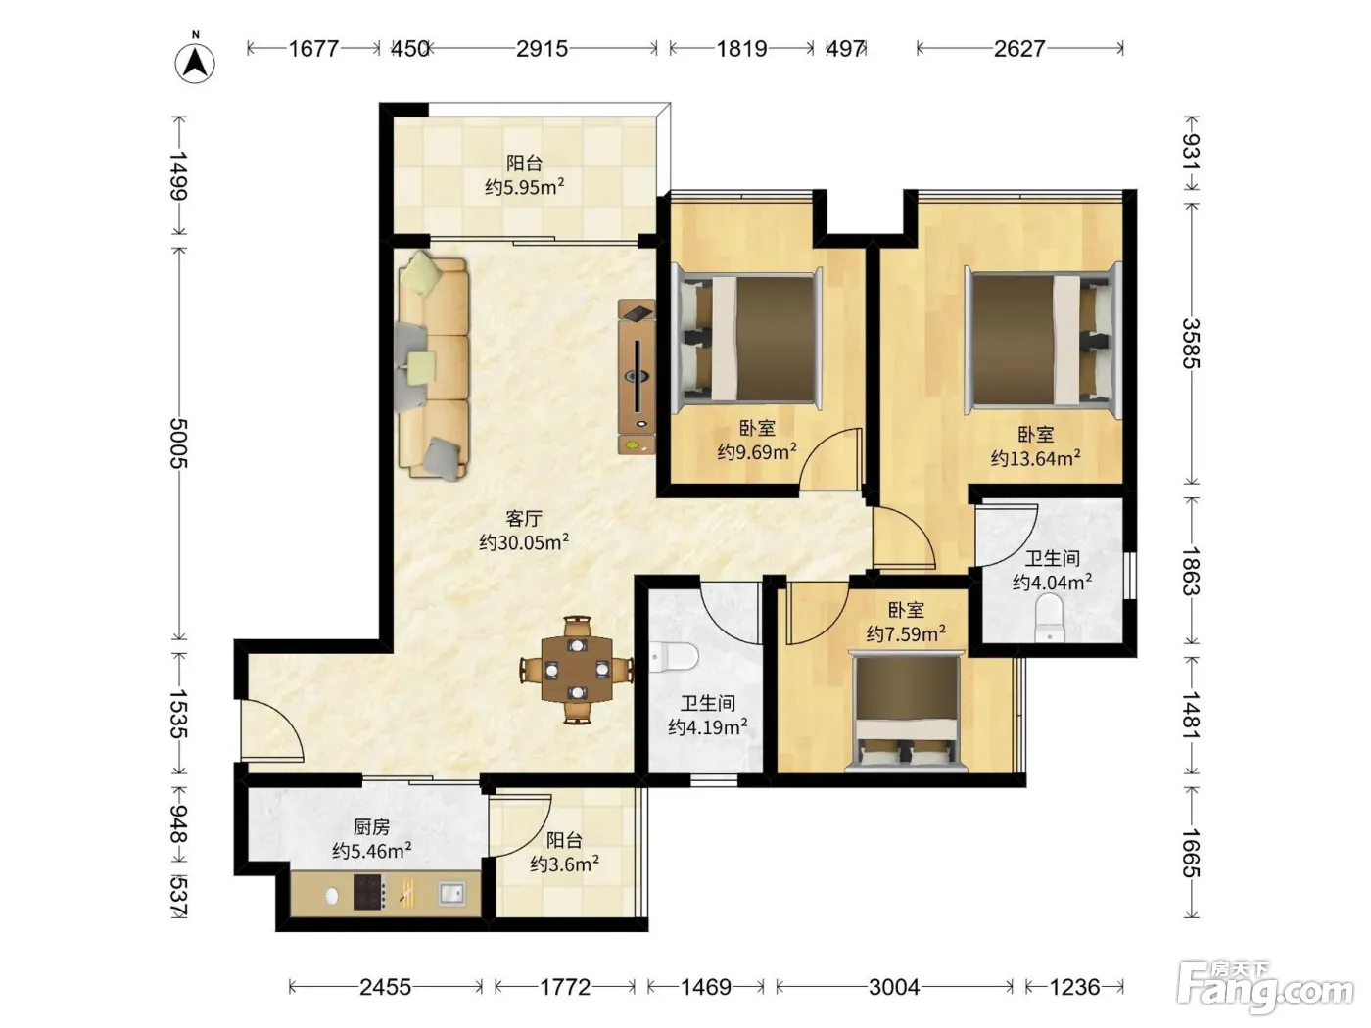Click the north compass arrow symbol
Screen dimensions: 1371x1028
click(195, 62)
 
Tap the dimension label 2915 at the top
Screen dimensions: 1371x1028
click(542, 49)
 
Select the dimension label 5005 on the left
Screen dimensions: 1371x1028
click(178, 444)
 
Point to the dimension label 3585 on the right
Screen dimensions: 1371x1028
click(1191, 344)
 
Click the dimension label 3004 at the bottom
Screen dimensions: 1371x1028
click(894, 987)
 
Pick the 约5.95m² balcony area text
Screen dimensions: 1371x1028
click(525, 187)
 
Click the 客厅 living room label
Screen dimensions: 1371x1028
click(523, 518)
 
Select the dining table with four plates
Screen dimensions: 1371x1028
click(577, 670)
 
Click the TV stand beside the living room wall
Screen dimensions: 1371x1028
click(637, 376)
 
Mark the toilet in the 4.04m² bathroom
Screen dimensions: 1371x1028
click(1050, 618)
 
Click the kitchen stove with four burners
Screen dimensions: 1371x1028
click(369, 892)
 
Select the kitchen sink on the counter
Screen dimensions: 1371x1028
click(451, 893)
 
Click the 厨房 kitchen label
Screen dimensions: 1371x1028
click(371, 827)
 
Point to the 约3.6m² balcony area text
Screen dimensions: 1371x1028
click(565, 864)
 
